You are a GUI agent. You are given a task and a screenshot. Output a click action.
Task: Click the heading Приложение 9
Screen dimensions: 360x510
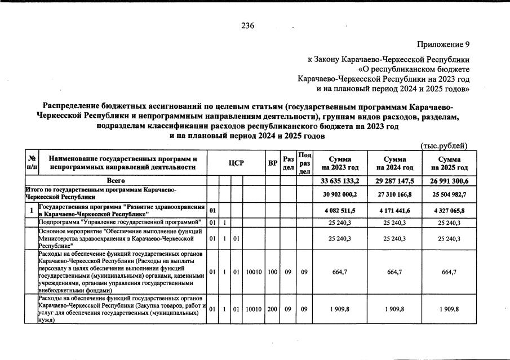pos(443,44)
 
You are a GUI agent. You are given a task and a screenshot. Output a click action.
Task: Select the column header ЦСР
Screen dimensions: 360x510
pos(236,163)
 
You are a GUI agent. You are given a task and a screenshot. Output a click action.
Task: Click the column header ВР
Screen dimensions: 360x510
pos(273,163)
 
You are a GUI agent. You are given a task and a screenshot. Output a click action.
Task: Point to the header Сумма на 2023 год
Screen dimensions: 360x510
pos(340,163)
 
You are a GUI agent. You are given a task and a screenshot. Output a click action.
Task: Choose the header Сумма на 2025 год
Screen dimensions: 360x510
pos(449,163)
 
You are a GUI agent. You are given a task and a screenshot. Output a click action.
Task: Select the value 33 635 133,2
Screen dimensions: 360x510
pos(340,180)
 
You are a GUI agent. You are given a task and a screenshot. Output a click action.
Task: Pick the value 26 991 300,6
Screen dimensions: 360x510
pos(449,180)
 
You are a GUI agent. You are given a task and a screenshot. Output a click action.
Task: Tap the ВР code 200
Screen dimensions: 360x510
pos(273,309)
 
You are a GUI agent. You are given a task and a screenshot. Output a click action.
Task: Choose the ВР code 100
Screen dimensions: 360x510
pos(273,272)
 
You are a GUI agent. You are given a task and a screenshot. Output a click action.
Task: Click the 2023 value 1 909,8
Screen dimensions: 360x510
pos(340,309)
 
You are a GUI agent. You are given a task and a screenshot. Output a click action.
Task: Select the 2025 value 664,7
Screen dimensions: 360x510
pos(449,272)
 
